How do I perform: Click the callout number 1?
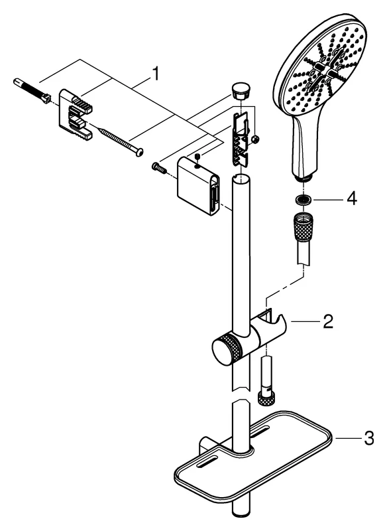155,74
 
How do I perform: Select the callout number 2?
327,323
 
